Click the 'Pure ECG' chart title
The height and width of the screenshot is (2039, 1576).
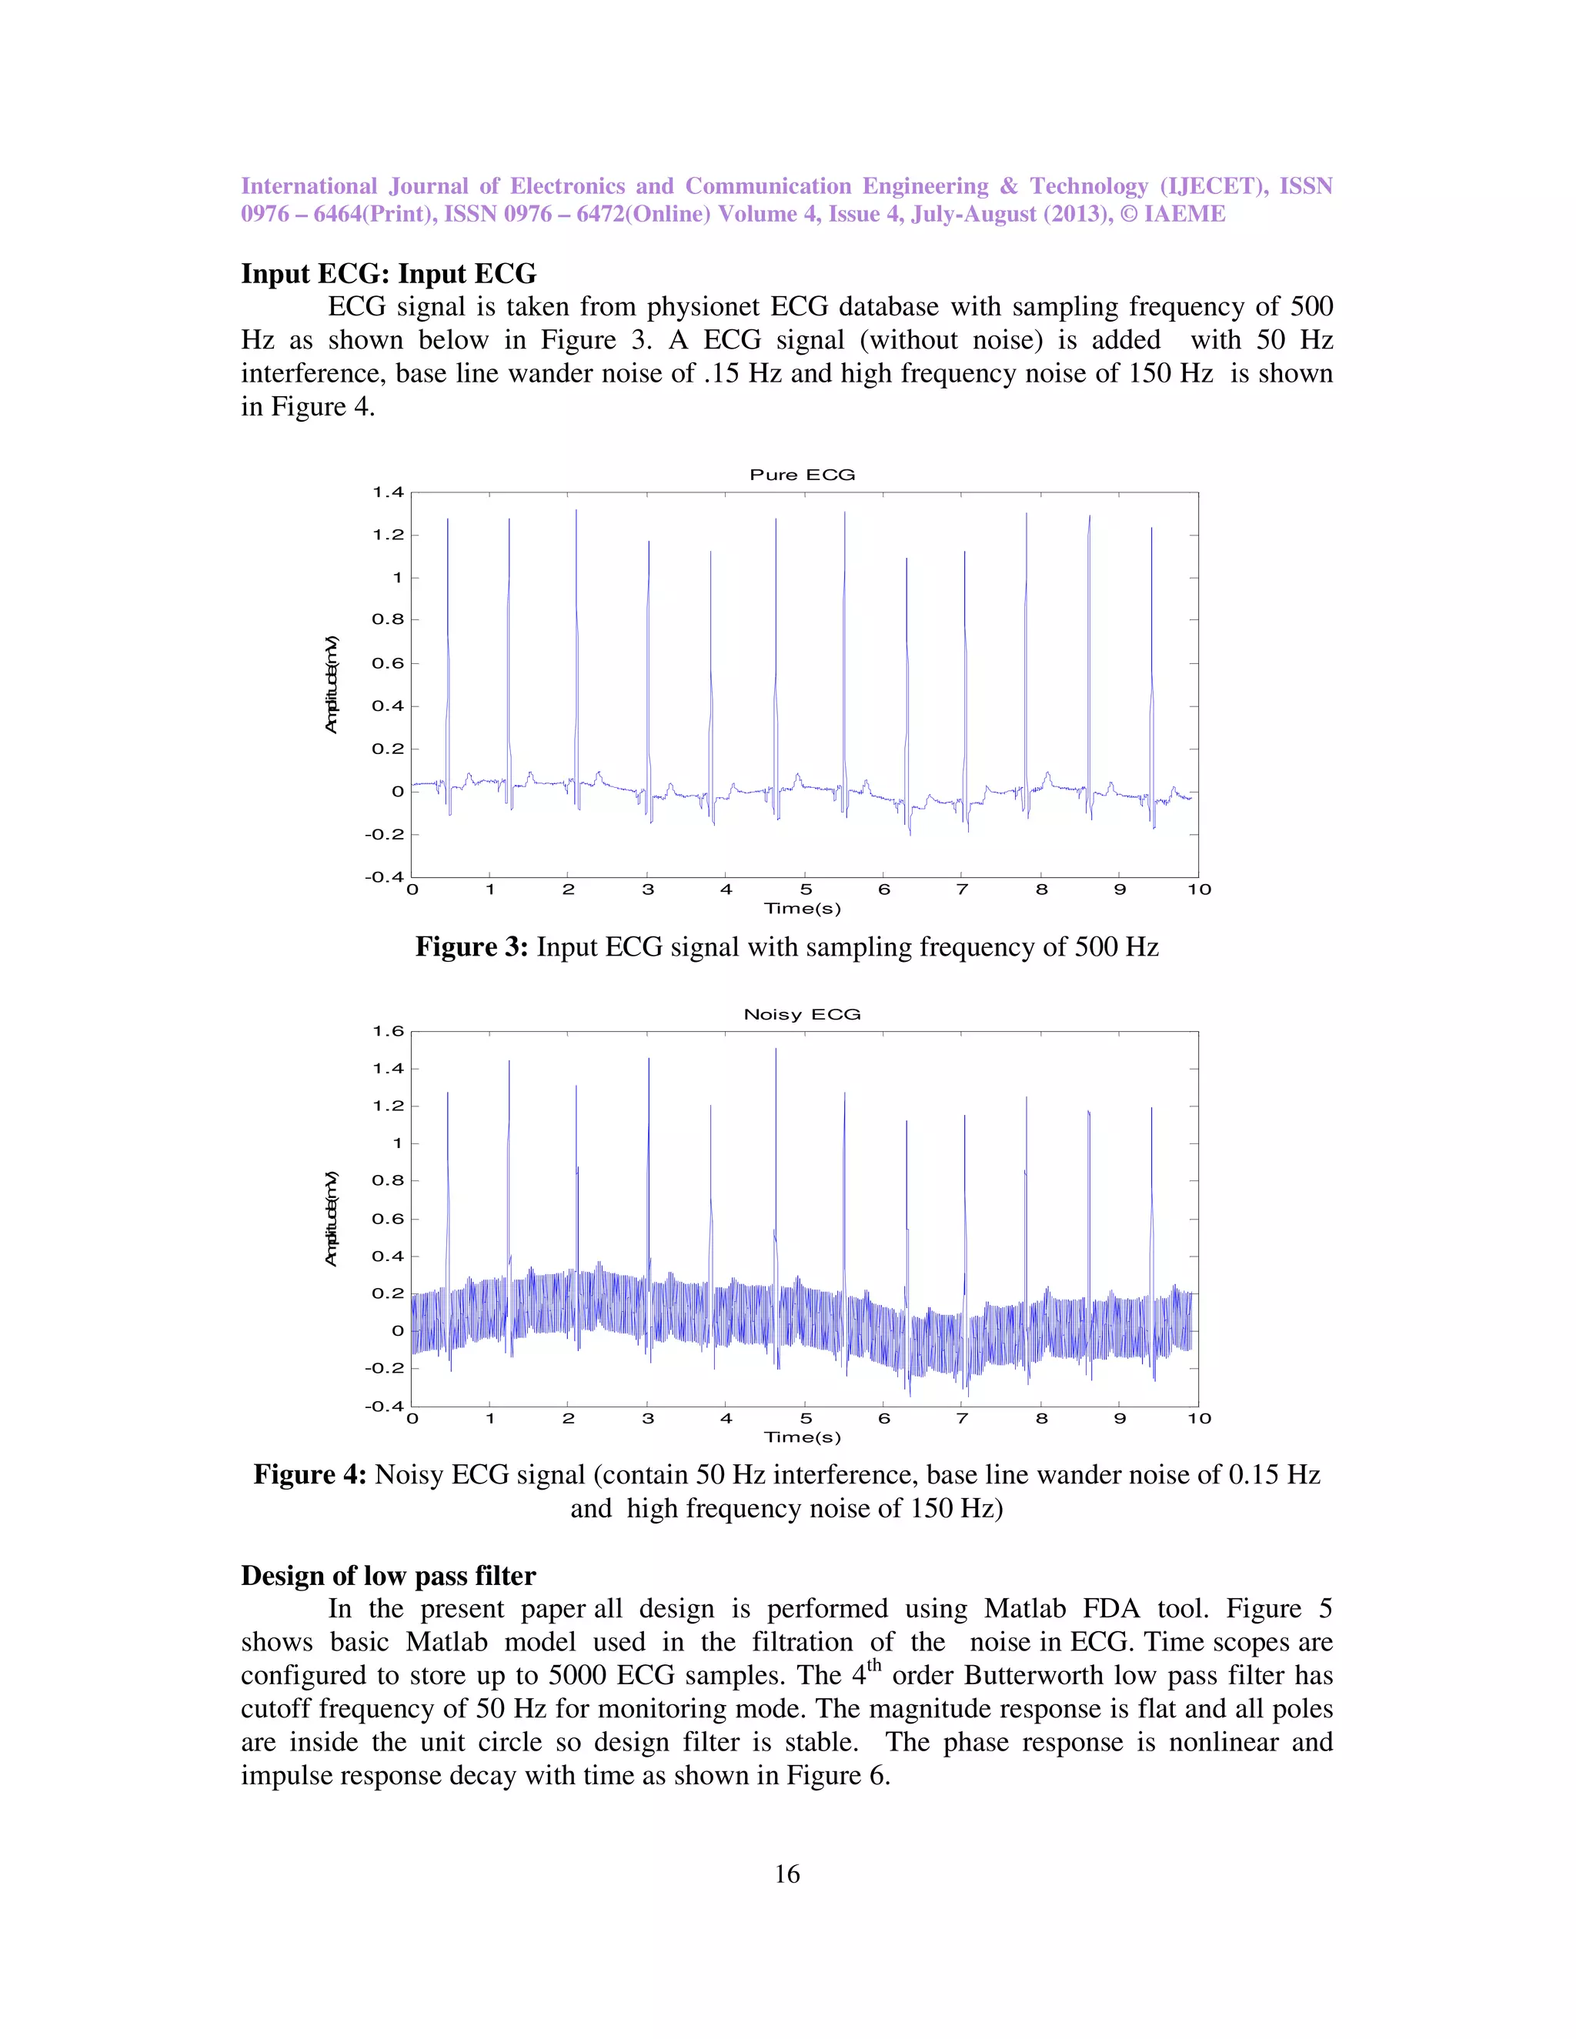click(802, 474)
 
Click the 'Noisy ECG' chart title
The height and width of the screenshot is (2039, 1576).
click(802, 1014)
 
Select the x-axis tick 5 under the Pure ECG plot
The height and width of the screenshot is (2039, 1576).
click(806, 889)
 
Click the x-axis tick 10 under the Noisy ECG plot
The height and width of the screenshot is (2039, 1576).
click(1199, 1418)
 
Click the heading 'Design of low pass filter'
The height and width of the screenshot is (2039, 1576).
click(389, 1576)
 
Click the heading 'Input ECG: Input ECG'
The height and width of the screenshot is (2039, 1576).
click(389, 274)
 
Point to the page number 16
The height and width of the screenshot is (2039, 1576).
click(787, 1874)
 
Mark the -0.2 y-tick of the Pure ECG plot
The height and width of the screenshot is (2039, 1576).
click(385, 835)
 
